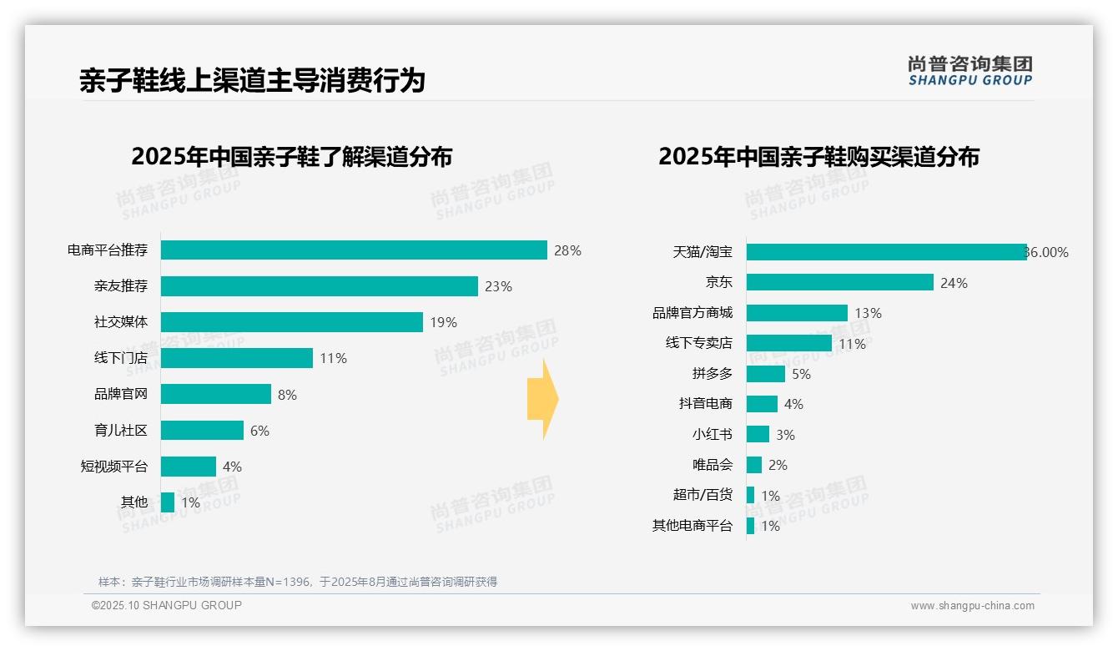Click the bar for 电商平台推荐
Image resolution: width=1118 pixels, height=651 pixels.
pyautogui.click(x=354, y=250)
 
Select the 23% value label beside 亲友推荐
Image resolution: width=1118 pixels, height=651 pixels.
pyautogui.click(x=498, y=286)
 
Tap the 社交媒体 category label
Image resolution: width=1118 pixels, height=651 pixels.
pyautogui.click(x=121, y=322)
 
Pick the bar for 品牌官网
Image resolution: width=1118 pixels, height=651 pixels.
pyautogui.click(x=216, y=394)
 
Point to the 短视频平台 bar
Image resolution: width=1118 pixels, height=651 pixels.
pyautogui.click(x=189, y=467)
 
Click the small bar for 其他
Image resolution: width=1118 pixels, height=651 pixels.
pyautogui.click(x=168, y=502)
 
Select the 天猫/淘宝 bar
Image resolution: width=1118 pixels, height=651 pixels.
pyautogui.click(x=886, y=252)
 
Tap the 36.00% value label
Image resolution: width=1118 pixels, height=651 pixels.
pyautogui.click(x=1047, y=253)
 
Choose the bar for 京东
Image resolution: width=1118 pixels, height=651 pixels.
pyautogui.click(x=839, y=282)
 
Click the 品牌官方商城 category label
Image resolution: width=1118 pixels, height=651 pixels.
pyautogui.click(x=692, y=313)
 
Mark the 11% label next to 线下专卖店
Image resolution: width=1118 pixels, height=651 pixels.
pyautogui.click(x=852, y=344)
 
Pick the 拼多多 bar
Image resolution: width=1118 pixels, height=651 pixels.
pyautogui.click(x=766, y=374)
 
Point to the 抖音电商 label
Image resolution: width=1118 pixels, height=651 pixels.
pyautogui.click(x=706, y=404)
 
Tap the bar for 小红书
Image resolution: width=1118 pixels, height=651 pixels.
pyautogui.click(x=758, y=434)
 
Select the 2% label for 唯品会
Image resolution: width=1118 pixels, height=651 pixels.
pyautogui.click(x=778, y=465)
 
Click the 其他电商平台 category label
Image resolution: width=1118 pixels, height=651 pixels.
pyautogui.click(x=692, y=526)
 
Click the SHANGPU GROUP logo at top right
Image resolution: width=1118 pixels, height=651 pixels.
pyautogui.click(x=970, y=71)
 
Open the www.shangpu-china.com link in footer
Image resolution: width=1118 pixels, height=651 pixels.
pyautogui.click(x=972, y=606)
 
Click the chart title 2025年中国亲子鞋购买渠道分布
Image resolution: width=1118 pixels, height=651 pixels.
pyautogui.click(x=818, y=157)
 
